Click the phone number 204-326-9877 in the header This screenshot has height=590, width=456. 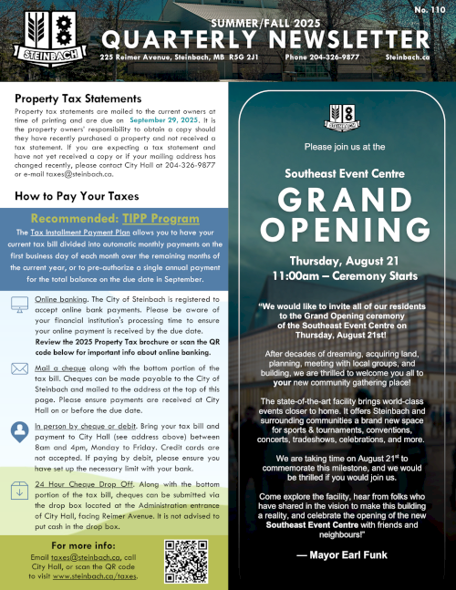tap(322, 57)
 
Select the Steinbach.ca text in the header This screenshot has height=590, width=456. tap(407, 57)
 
